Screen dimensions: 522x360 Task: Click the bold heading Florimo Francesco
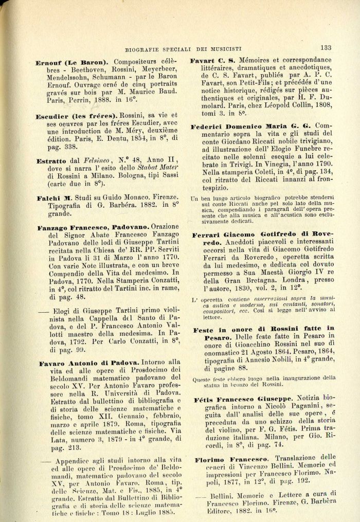[x=231, y=458]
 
